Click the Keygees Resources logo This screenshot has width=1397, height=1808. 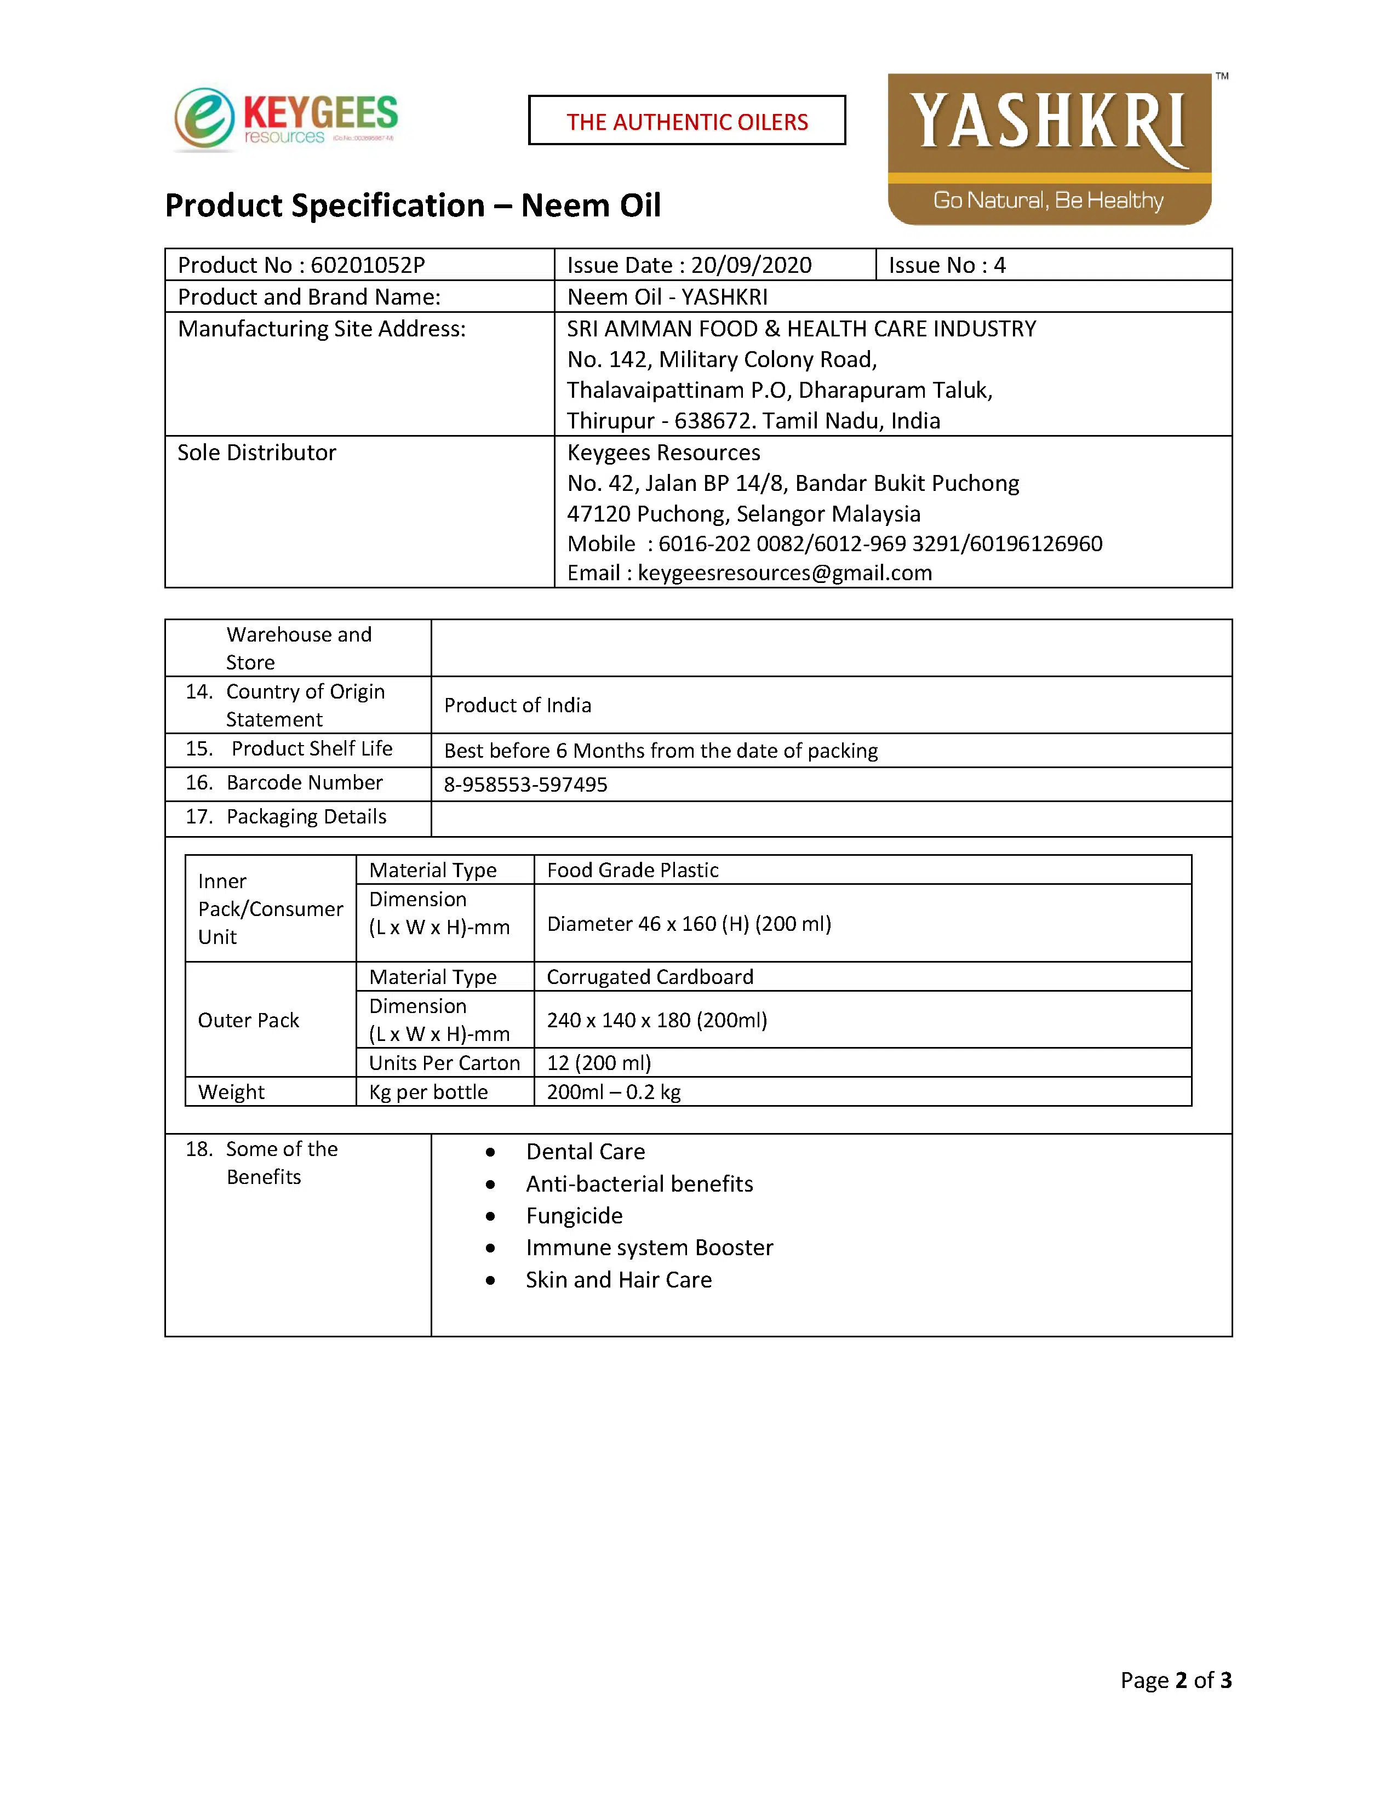pos(285,120)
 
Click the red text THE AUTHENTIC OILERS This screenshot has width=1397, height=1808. pos(687,122)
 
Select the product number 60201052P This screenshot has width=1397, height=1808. pos(368,265)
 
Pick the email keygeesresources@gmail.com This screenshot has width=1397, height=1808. pos(785,573)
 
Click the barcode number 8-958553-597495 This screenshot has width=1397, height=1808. pos(525,784)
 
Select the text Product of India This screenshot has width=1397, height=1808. pos(517,705)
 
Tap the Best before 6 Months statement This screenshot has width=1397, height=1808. pos(661,751)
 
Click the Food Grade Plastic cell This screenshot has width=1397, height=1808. pos(632,870)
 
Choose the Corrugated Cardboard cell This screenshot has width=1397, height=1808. pos(650,977)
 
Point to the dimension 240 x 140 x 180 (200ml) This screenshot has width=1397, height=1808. pos(656,1020)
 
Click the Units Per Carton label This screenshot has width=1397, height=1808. pos(444,1063)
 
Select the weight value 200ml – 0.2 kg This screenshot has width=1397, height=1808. pos(613,1092)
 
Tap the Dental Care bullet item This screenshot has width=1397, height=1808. pos(585,1152)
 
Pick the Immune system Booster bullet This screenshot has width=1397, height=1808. pos(649,1248)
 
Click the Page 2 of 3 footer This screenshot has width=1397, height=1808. pos(1175,1680)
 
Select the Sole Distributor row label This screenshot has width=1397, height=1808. pos(256,453)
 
